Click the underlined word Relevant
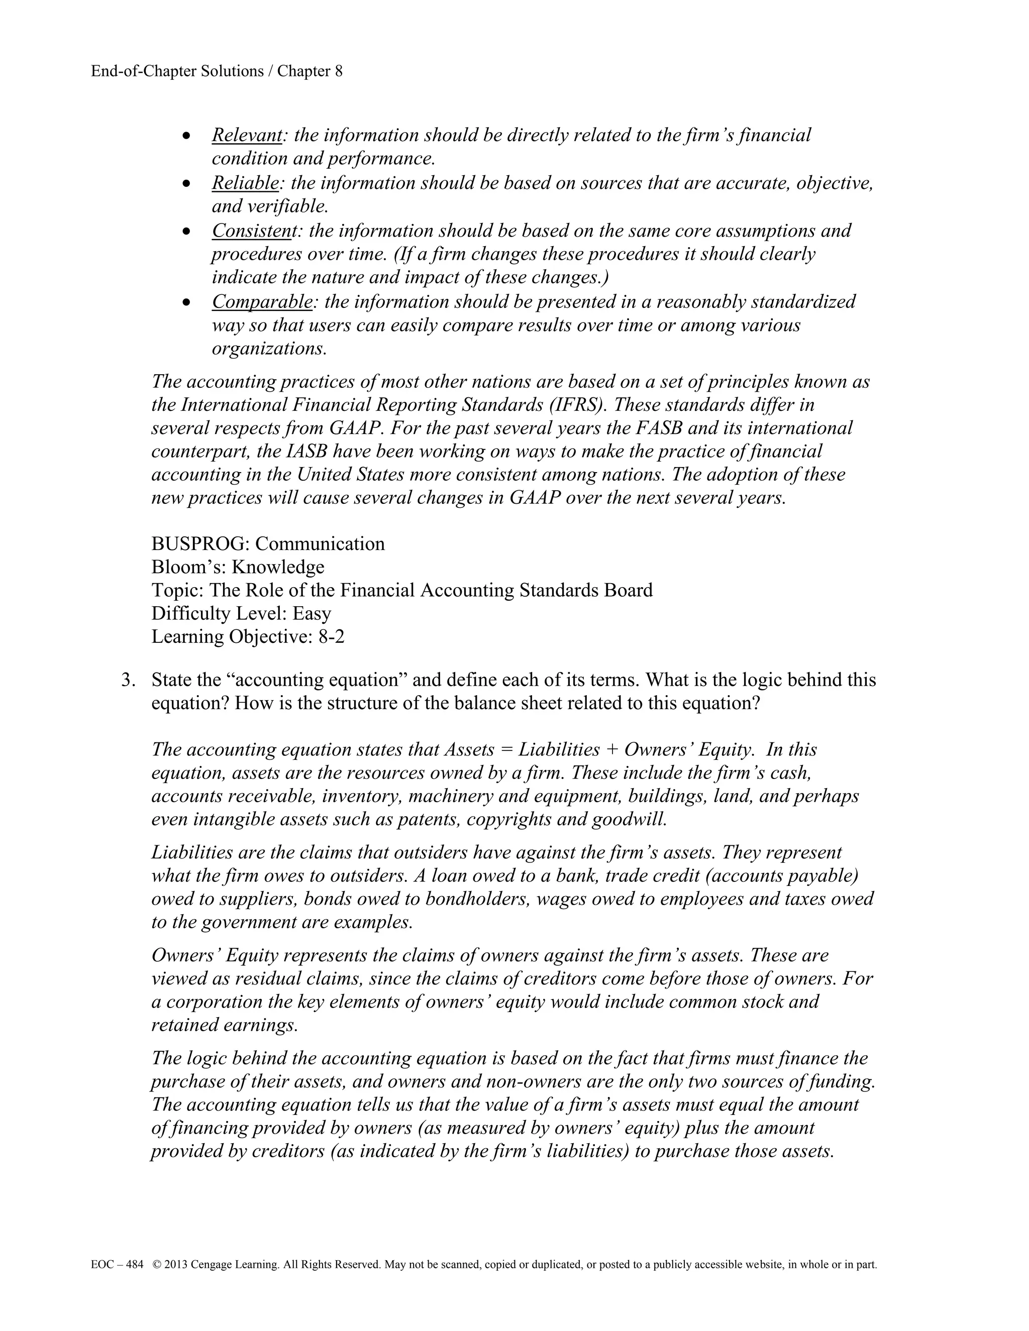coord(247,135)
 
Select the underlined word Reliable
coord(246,182)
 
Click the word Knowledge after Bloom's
coord(278,567)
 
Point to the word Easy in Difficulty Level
coord(312,613)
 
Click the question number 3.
coord(128,680)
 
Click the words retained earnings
coord(224,1025)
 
